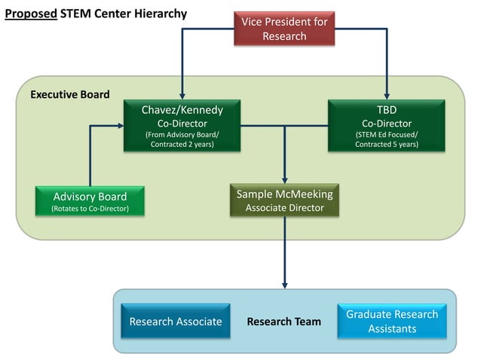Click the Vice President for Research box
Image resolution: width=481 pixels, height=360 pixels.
point(284,29)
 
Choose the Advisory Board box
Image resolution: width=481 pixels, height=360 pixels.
point(90,201)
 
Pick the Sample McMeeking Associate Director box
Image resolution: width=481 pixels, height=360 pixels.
point(284,200)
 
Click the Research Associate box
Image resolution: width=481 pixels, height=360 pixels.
point(176,322)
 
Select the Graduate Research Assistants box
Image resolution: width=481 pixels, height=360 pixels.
point(391,322)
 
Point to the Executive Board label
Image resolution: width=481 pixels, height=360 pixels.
point(69,95)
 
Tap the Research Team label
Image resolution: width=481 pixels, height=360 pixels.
point(283,322)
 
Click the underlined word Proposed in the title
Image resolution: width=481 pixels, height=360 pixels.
point(30,14)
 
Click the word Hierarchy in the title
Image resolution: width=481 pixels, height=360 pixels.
point(160,14)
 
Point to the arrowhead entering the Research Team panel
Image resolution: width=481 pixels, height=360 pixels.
point(284,285)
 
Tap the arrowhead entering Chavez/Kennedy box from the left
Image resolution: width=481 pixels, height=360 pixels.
point(120,127)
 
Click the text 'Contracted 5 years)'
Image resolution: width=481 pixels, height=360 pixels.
point(386,145)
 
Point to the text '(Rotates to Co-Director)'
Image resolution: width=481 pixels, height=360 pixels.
point(90,209)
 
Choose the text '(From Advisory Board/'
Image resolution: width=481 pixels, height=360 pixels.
point(182,135)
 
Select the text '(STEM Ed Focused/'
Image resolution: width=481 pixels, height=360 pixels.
point(386,135)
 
